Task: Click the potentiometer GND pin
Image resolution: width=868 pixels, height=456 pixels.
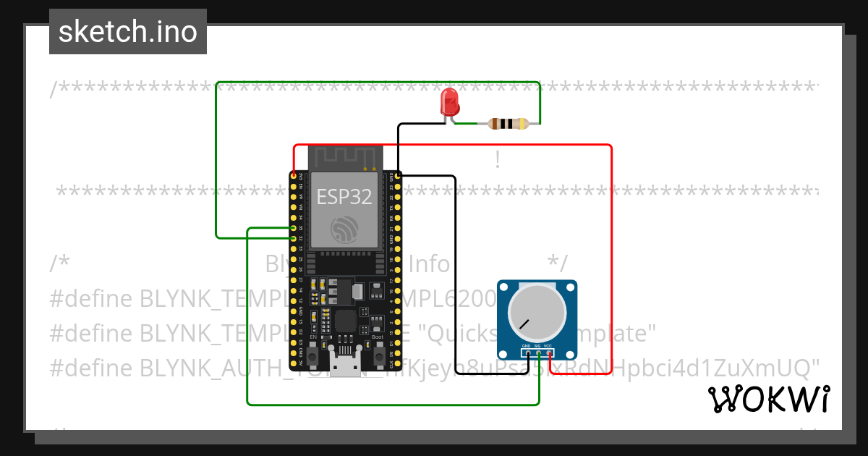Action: coord(527,352)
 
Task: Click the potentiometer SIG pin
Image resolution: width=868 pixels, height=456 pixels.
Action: coord(538,352)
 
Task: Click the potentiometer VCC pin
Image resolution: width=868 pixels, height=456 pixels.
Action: coord(549,352)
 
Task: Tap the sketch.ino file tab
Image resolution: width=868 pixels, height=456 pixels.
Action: coord(128,32)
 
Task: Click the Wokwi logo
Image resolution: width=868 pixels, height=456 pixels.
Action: coord(769,399)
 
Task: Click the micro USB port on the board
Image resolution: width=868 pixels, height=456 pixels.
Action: coord(344,364)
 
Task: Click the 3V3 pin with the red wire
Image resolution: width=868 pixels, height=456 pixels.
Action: coord(294,176)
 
